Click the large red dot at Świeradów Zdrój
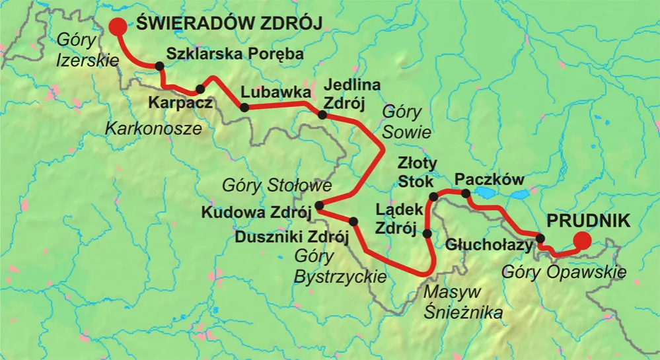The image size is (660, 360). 118,26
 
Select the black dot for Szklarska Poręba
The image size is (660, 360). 159,65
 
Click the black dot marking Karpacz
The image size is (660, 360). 200,89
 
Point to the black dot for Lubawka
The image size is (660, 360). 244,107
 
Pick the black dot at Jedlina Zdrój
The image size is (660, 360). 322,115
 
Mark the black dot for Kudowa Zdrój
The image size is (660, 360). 318,205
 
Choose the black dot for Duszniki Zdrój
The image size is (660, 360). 353,221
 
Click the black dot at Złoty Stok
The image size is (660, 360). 434,196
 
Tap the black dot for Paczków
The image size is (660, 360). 465,194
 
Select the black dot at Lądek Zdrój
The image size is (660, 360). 427,233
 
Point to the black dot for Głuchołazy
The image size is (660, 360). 540,238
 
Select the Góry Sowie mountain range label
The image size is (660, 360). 406,122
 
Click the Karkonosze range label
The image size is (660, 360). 153,129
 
